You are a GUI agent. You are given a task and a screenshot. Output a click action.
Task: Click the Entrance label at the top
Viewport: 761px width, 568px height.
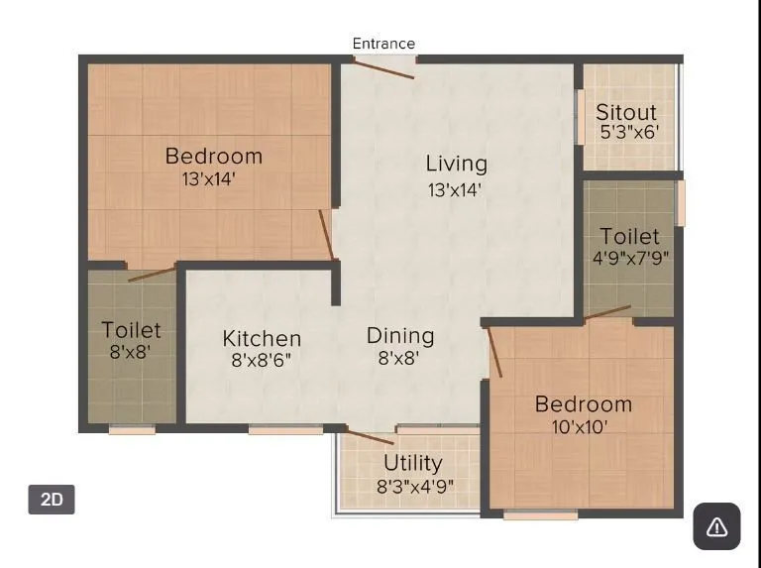point(383,44)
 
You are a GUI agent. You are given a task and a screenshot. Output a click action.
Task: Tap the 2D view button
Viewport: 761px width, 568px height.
point(52,500)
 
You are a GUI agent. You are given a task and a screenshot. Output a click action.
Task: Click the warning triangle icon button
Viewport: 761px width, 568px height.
point(716,526)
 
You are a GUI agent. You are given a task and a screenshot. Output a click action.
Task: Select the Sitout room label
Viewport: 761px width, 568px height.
point(626,112)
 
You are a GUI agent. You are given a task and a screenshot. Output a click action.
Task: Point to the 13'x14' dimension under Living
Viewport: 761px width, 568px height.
point(456,189)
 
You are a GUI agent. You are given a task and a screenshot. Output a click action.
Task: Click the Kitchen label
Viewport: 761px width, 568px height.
point(262,339)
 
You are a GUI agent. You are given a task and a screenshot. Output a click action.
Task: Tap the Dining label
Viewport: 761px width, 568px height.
point(400,335)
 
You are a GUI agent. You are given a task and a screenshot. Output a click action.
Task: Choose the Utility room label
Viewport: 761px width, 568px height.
point(413,463)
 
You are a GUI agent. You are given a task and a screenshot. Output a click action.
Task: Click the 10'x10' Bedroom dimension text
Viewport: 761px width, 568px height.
point(581,427)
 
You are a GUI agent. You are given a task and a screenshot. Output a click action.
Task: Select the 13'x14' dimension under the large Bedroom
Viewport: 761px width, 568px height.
point(209,179)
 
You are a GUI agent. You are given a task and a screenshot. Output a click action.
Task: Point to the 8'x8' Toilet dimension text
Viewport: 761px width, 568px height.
point(131,351)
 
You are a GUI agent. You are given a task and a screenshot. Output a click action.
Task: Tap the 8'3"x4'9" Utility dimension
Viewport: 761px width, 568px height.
point(414,487)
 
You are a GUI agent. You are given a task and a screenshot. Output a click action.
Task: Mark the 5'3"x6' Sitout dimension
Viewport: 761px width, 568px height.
point(628,132)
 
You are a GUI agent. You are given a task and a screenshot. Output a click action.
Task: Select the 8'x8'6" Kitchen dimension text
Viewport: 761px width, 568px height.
point(262,361)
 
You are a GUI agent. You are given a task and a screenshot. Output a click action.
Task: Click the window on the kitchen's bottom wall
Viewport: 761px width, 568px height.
point(284,429)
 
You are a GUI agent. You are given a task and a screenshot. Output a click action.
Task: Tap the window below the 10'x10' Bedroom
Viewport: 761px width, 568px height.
point(540,515)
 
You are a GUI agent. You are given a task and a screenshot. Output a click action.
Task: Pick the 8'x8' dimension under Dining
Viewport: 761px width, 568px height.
point(399,358)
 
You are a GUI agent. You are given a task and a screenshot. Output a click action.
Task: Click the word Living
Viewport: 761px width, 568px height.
point(456,164)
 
